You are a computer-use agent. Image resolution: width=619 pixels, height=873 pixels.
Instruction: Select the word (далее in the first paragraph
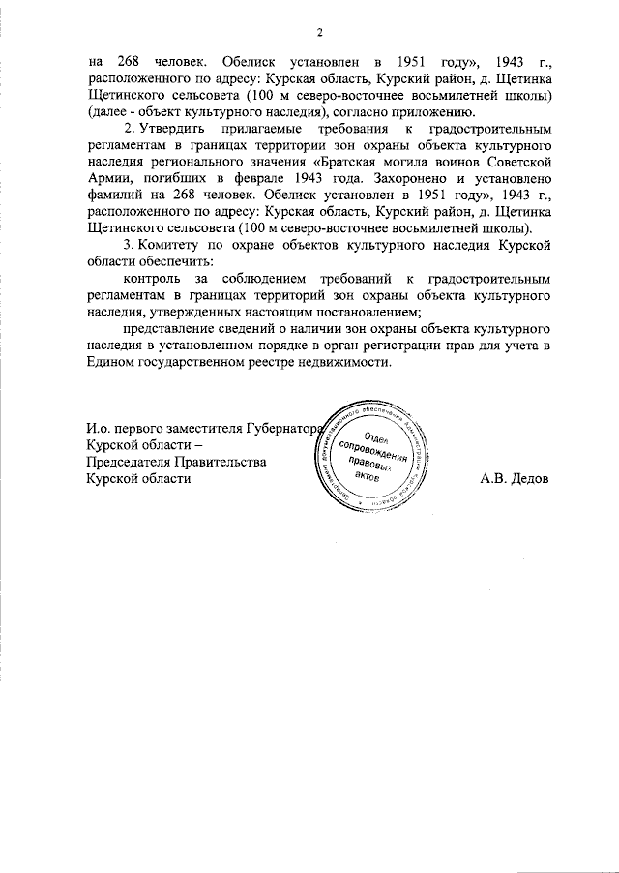[x=108, y=112]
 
